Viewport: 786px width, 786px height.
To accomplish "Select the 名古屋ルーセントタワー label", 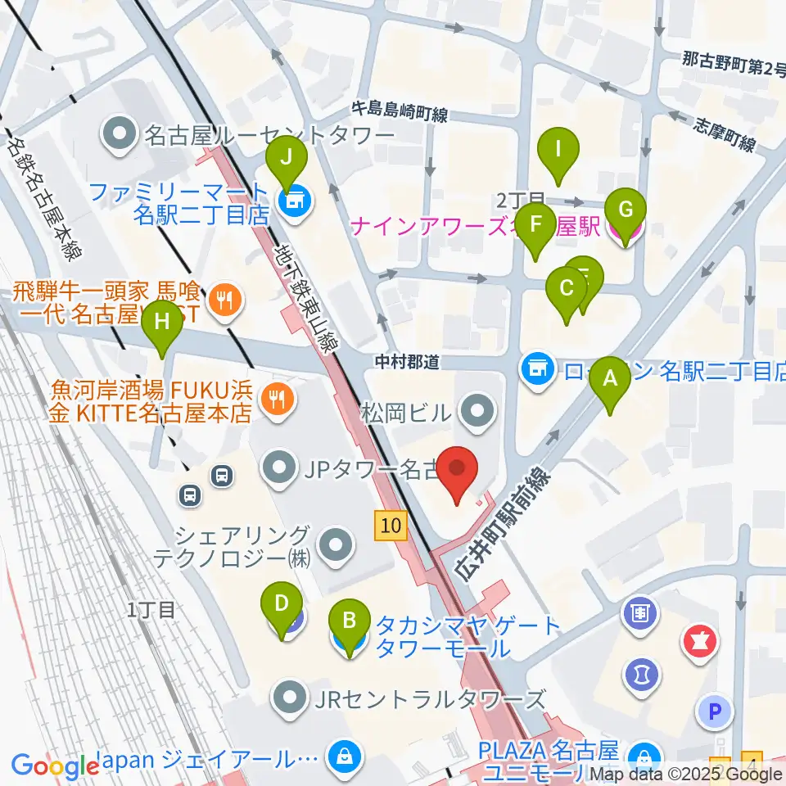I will click(270, 133).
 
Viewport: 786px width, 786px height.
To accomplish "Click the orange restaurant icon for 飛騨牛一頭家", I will click(224, 300).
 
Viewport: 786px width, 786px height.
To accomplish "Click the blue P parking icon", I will click(715, 712).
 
